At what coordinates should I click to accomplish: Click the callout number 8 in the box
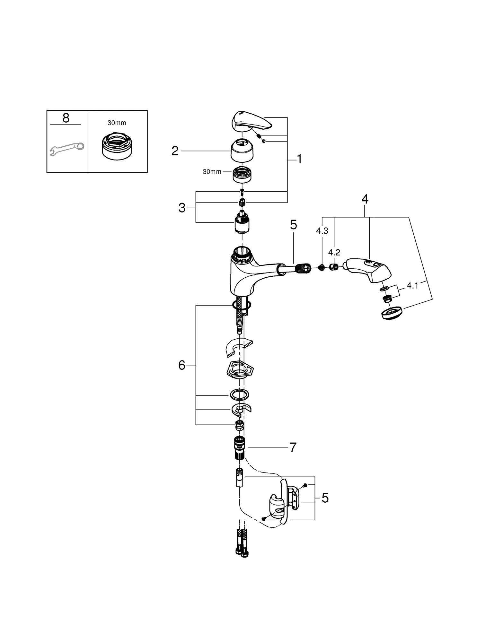pyautogui.click(x=66, y=118)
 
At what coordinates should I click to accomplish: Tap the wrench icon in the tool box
pyautogui.click(x=67, y=149)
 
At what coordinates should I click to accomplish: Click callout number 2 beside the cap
pyautogui.click(x=175, y=151)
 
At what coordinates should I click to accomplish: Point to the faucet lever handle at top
pyautogui.click(x=251, y=121)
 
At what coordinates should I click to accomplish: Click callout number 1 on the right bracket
pyautogui.click(x=299, y=159)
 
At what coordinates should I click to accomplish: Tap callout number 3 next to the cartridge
pyautogui.click(x=182, y=208)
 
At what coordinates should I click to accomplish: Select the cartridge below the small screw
pyautogui.click(x=242, y=222)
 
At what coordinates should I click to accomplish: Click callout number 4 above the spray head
pyautogui.click(x=365, y=199)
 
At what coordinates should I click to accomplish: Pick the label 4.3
pyautogui.click(x=322, y=231)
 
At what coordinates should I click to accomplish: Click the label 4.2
pyautogui.click(x=334, y=253)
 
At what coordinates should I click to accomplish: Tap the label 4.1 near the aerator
pyautogui.click(x=413, y=285)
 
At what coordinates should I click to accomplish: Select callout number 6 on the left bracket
pyautogui.click(x=182, y=365)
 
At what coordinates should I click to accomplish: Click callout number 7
pyautogui.click(x=293, y=447)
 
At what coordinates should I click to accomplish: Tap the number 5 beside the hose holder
pyautogui.click(x=325, y=498)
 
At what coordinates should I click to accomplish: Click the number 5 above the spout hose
pyautogui.click(x=294, y=225)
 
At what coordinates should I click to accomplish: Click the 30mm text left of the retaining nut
pyautogui.click(x=212, y=172)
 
